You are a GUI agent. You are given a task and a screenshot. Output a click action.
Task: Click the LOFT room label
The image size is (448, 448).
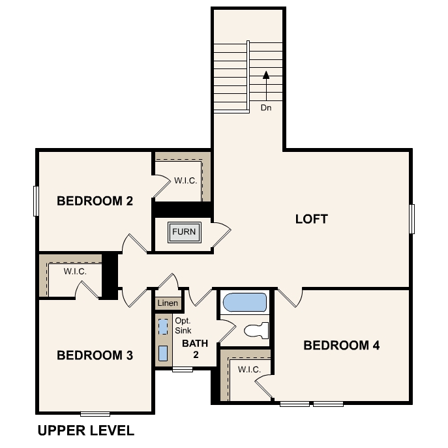312,219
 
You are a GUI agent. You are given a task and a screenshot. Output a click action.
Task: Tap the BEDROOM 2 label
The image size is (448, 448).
95,201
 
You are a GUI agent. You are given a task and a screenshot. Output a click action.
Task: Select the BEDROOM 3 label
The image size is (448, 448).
95,355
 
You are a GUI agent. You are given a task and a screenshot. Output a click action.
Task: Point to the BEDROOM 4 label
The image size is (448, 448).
342,345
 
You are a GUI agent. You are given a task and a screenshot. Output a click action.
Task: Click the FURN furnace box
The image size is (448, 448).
184,231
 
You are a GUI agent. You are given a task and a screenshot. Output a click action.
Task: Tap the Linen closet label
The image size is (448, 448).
168,303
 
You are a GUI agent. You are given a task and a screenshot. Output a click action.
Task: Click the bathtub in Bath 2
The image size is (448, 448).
245,303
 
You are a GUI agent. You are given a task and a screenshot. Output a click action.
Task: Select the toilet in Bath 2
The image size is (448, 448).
257,330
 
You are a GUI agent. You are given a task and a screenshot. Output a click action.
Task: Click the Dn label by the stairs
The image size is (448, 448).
266,108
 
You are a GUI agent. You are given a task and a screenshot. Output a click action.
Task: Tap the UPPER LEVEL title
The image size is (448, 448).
85,430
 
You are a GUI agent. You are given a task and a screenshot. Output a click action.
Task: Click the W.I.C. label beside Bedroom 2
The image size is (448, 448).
185,181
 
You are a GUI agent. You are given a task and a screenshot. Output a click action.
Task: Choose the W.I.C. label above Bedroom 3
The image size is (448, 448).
75,271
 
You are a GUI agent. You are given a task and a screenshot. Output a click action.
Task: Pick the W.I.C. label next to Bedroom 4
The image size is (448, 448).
249,370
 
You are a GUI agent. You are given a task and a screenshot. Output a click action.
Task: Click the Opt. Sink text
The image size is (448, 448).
183,326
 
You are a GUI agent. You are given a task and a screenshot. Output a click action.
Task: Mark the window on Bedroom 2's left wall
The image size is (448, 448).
37,201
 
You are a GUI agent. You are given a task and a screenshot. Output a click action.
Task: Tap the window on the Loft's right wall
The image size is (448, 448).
412,218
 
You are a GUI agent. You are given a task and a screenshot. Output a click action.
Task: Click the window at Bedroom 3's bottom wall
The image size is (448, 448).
95,413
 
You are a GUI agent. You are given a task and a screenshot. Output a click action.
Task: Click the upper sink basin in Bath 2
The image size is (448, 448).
163,327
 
